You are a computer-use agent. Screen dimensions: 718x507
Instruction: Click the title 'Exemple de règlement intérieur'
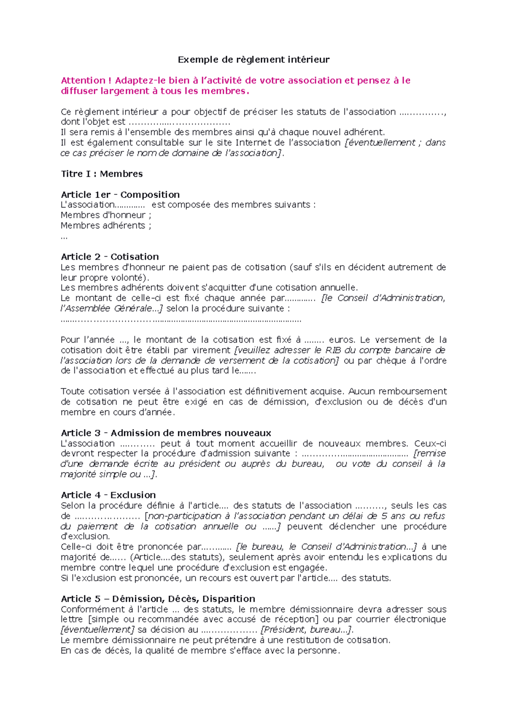pyautogui.click(x=253, y=60)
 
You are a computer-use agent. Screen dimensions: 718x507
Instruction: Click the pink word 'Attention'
pyautogui.click(x=83, y=80)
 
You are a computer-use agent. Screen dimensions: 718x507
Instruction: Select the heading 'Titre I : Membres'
pyautogui.click(x=102, y=174)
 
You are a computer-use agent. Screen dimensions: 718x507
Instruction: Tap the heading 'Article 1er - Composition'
pyautogui.click(x=120, y=195)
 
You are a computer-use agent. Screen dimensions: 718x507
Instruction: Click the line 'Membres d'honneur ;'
pyautogui.click(x=106, y=215)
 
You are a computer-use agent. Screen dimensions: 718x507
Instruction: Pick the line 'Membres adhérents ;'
pyautogui.click(x=106, y=225)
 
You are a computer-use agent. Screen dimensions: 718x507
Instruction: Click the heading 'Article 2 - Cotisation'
pyautogui.click(x=110, y=257)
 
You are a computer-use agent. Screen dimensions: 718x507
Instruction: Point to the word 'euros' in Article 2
pyautogui.click(x=342, y=340)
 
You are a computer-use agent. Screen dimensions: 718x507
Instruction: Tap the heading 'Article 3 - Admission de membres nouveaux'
pyautogui.click(x=166, y=433)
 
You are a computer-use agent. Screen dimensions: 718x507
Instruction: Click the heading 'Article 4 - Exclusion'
pyautogui.click(x=108, y=495)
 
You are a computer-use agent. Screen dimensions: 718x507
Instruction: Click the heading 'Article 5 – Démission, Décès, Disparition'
pyautogui.click(x=158, y=599)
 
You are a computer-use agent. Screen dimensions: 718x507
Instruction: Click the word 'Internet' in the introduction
pyautogui.click(x=253, y=143)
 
